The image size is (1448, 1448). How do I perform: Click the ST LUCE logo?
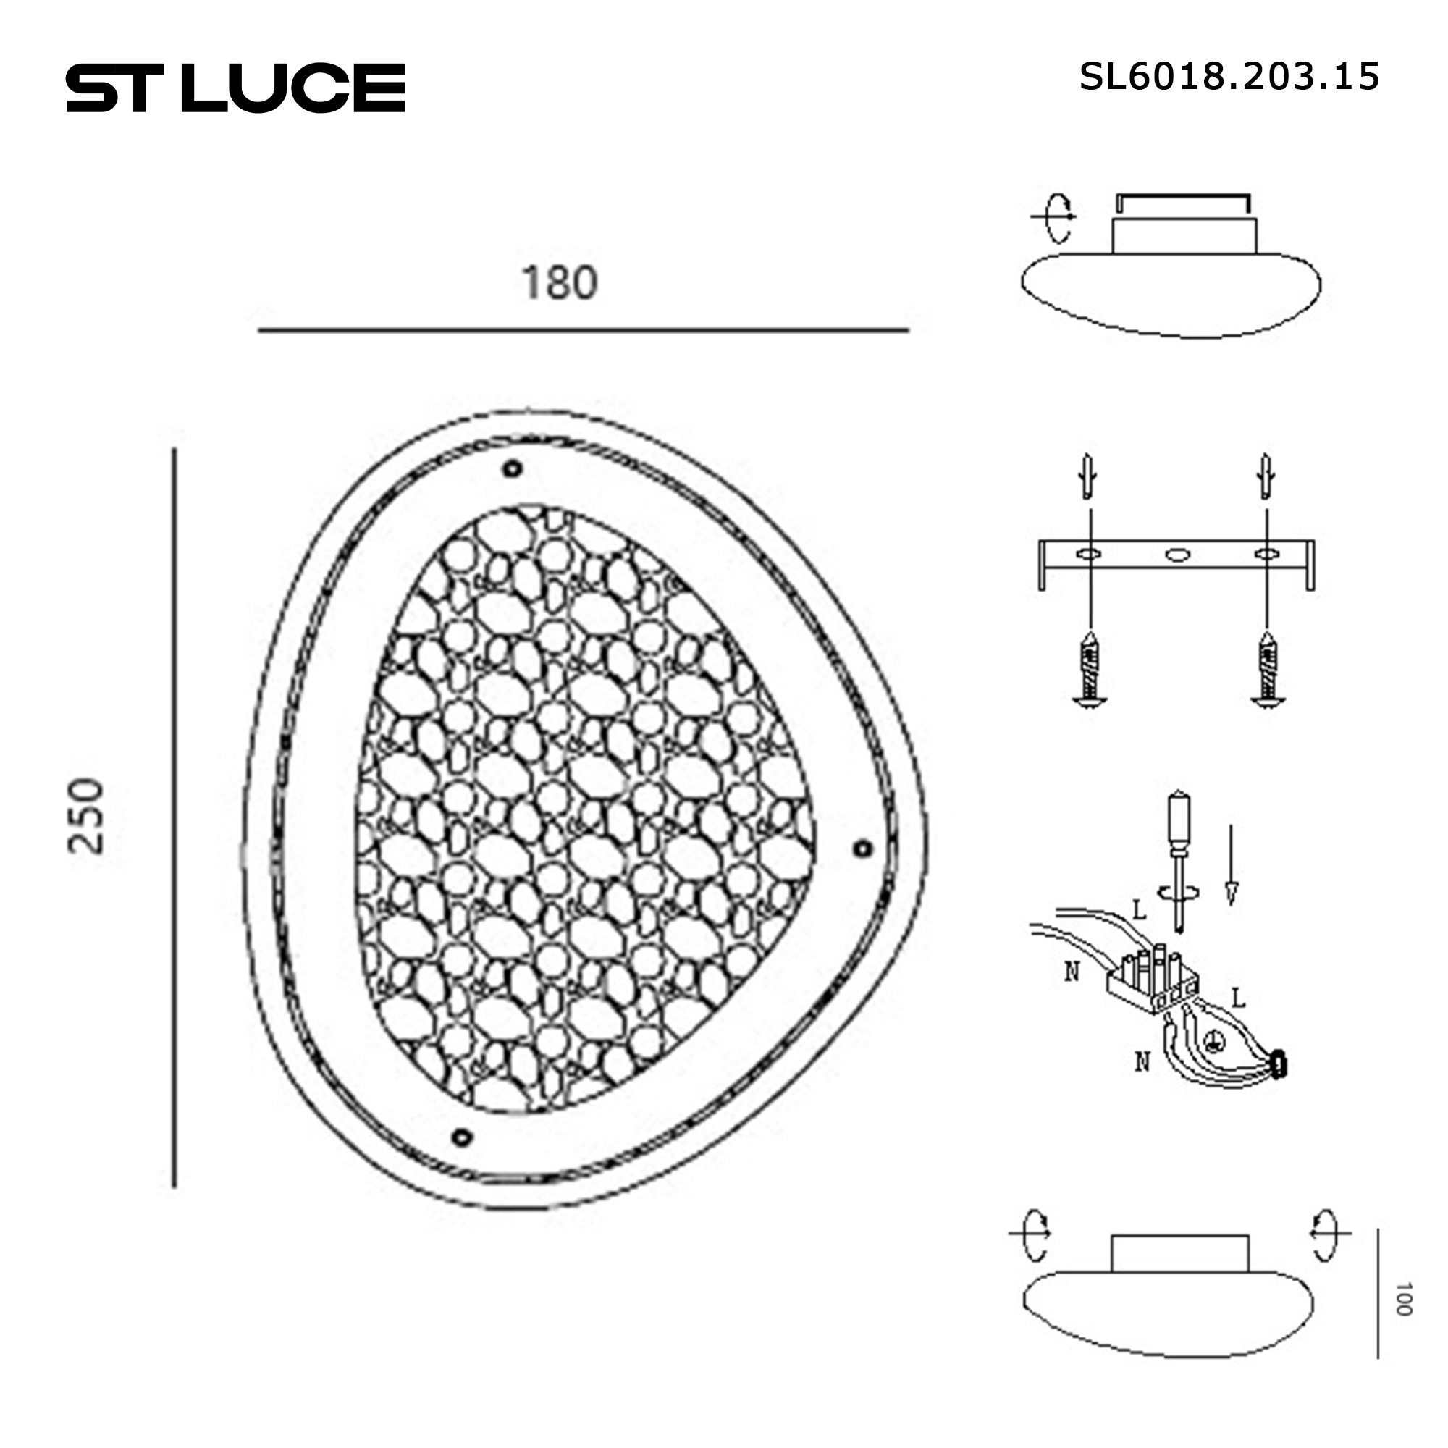pos(235,88)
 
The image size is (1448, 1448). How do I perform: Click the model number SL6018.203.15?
pos(1229,77)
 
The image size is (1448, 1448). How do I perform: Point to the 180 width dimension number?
pos(559,283)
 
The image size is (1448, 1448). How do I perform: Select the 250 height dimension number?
pos(85,816)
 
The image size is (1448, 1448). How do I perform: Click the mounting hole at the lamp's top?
pos(513,469)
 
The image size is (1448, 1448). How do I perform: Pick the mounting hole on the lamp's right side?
pos(863,849)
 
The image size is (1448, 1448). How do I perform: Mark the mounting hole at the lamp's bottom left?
pos(463,1137)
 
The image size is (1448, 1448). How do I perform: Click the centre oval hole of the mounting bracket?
pos(1177,555)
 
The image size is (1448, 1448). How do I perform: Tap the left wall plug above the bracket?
pos(1089,476)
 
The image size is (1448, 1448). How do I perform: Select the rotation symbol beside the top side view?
pos(1057,218)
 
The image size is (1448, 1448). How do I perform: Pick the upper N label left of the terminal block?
pos(1072,972)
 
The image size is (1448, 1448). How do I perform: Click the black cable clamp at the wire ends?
pos(1279,1063)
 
